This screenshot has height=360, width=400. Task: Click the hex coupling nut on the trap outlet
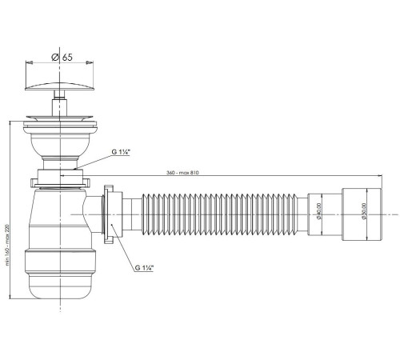(x=110, y=214)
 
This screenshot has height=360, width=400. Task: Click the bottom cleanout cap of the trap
(x=57, y=280)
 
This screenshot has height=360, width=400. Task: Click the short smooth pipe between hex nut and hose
(x=128, y=214)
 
